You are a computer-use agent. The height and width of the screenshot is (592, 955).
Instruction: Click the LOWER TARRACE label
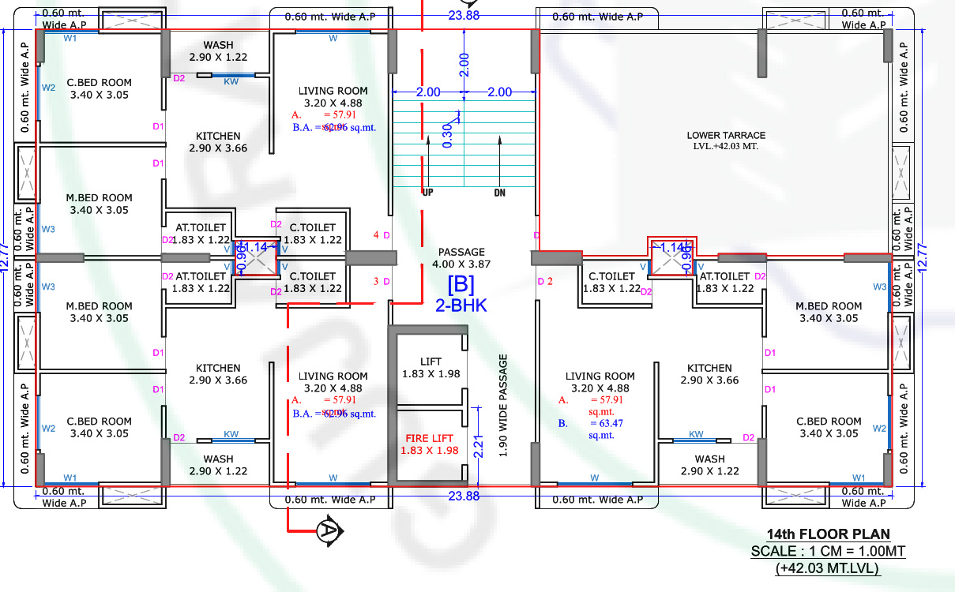coord(725,135)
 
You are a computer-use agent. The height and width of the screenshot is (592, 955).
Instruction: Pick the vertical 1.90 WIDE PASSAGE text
coord(503,406)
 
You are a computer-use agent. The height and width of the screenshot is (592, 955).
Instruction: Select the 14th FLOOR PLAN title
coord(829,534)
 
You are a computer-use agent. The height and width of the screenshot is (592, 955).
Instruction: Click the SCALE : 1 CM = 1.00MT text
coord(829,551)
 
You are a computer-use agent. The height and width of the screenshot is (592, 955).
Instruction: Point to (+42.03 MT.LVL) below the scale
coord(829,568)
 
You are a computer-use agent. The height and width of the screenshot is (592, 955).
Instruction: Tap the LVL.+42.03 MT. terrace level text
coord(725,147)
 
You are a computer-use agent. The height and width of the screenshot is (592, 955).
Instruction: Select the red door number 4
coord(376,235)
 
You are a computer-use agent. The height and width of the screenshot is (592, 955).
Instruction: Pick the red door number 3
coord(376,282)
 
